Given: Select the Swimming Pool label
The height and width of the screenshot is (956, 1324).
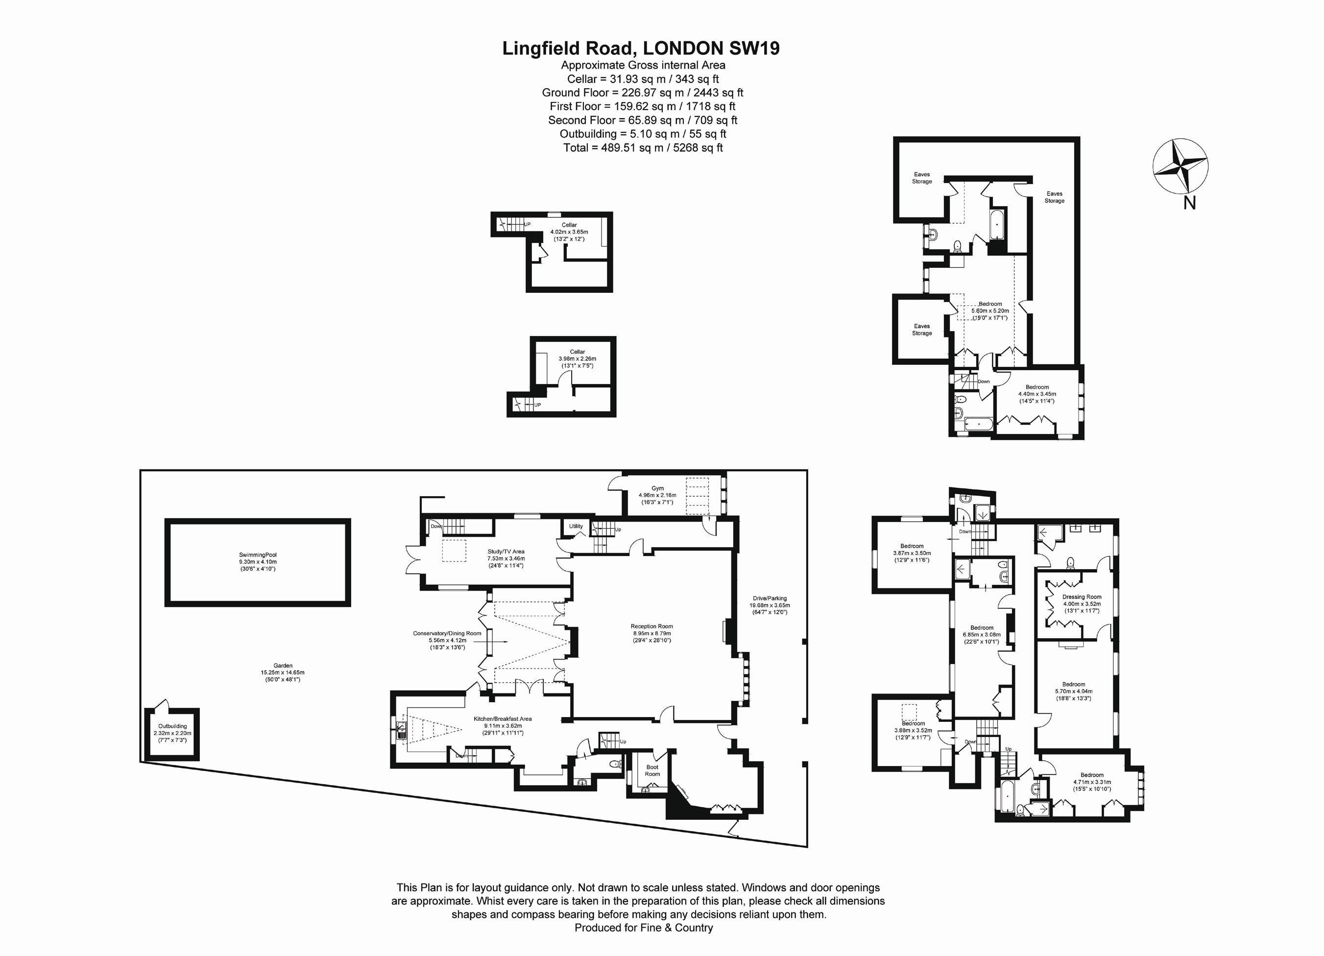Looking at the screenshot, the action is [x=258, y=561].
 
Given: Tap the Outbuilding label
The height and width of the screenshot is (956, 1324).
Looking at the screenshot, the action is [x=172, y=733].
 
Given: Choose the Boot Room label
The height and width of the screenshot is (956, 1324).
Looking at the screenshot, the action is [x=652, y=770].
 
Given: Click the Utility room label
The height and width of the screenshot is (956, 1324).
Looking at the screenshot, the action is [x=576, y=526].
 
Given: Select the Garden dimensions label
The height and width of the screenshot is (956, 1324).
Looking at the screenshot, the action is [x=283, y=672].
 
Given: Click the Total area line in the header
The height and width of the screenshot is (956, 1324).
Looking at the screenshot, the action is [x=643, y=147].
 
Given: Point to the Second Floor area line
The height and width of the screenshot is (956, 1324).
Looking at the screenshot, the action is [x=642, y=120].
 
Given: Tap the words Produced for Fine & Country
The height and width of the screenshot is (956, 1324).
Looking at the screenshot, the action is [x=643, y=928].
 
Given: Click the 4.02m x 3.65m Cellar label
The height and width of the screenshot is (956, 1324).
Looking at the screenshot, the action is [x=569, y=232].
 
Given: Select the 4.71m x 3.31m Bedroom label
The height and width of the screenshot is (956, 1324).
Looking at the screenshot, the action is [x=1092, y=782].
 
